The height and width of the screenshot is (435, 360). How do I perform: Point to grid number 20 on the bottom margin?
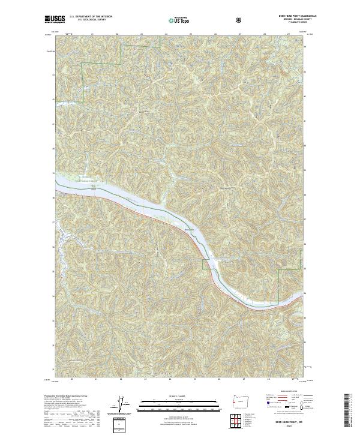click(71, 379)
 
